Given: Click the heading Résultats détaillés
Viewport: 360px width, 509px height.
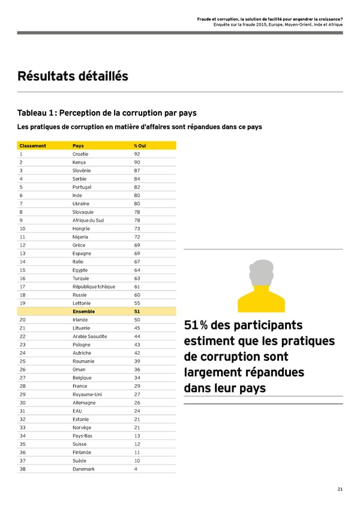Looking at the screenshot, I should tap(73, 76).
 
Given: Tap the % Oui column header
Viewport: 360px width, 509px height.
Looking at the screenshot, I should tap(139, 146).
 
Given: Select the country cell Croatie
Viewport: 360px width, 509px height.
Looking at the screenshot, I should tap(80, 154).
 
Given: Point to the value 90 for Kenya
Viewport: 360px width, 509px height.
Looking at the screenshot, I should tap(137, 162).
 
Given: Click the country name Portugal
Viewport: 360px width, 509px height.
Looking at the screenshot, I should tap(82, 187).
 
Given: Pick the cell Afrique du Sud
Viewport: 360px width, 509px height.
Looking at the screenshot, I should tap(88, 220).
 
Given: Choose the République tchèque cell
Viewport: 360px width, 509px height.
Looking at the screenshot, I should tap(93, 286).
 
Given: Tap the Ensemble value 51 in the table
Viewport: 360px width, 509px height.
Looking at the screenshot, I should tap(137, 312).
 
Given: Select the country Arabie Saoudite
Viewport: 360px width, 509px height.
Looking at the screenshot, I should tap(89, 336).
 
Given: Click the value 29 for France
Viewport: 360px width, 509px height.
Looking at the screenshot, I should tap(137, 386).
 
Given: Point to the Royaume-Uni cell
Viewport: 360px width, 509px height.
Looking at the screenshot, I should tap(85, 394).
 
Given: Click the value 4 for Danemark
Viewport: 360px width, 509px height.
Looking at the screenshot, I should tap(136, 469).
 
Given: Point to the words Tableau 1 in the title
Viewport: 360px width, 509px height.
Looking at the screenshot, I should tap(37, 113).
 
